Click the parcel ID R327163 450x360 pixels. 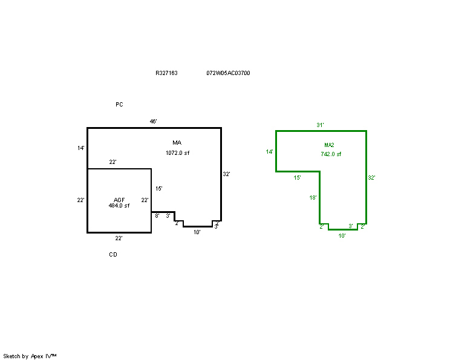pyautogui.click(x=166, y=73)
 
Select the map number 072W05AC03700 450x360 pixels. pyautogui.click(x=228, y=73)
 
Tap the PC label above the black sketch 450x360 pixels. pyautogui.click(x=119, y=105)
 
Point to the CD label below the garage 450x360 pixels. pyautogui.click(x=113, y=255)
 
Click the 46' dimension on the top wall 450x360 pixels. pyautogui.click(x=153, y=122)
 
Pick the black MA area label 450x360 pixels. pyautogui.click(x=177, y=143)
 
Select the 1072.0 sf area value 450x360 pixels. pyautogui.click(x=178, y=153)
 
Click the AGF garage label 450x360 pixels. pyautogui.click(x=119, y=200)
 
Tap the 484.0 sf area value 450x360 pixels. pyautogui.click(x=119, y=206)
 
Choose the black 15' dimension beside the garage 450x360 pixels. pyautogui.click(x=159, y=189)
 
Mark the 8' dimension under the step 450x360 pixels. pyautogui.click(x=157, y=216)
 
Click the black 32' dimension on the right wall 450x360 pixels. pyautogui.click(x=226, y=174)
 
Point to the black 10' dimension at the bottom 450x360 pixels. pyautogui.click(x=197, y=232)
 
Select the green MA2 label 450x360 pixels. pyautogui.click(x=329, y=145)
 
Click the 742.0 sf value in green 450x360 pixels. pyautogui.click(x=331, y=154)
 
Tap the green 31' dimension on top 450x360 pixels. pyautogui.click(x=321, y=125)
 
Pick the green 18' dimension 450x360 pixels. pyautogui.click(x=313, y=197)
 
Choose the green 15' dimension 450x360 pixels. pyautogui.click(x=297, y=178)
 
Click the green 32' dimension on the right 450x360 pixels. pyautogui.click(x=371, y=178)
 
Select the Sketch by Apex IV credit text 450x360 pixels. pyautogui.click(x=30, y=356)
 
